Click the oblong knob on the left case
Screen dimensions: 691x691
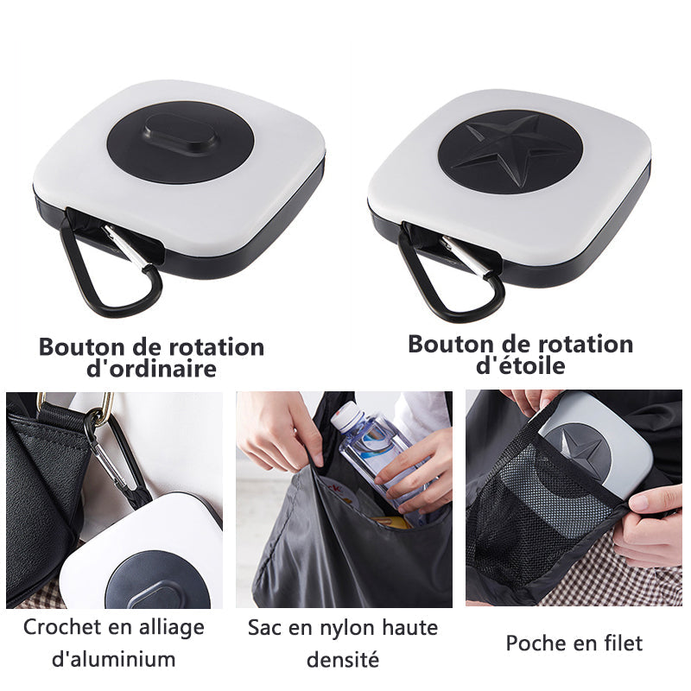[181, 135]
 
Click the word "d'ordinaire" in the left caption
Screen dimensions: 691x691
[151, 368]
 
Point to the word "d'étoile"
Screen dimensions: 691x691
[521, 365]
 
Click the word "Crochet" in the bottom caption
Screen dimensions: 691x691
[62, 627]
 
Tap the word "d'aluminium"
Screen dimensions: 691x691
[114, 659]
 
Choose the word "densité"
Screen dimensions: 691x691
[342, 660]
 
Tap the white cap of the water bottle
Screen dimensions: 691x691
[348, 415]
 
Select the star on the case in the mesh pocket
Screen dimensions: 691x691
[585, 452]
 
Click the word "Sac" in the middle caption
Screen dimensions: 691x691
[264, 628]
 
